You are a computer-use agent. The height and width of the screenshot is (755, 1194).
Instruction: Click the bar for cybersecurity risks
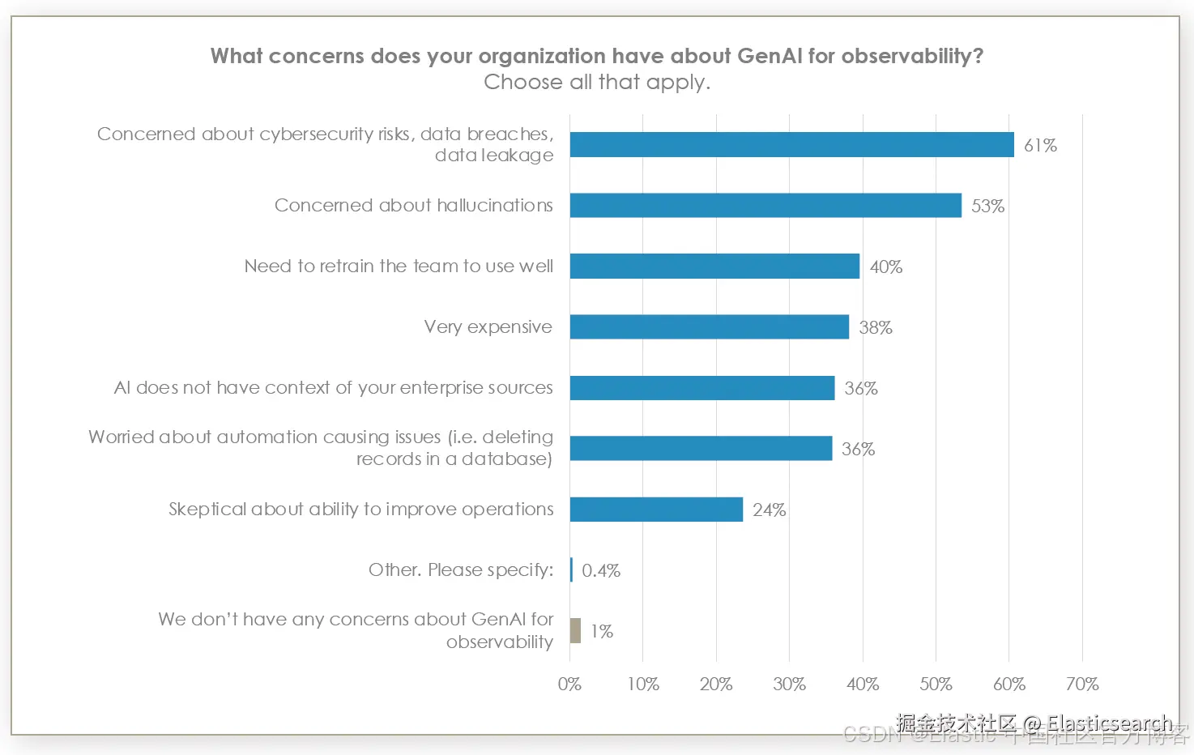[x=791, y=145]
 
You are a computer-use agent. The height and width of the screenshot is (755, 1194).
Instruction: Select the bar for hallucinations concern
[x=765, y=206]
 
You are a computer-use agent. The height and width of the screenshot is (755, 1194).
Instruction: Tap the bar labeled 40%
[x=714, y=267]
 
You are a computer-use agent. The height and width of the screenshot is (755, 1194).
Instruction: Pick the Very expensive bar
[x=709, y=327]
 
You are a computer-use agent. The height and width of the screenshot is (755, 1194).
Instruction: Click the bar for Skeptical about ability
[x=656, y=510]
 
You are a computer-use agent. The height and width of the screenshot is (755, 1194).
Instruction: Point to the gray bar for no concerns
[x=575, y=631]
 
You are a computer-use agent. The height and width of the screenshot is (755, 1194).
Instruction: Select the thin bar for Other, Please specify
[x=571, y=570]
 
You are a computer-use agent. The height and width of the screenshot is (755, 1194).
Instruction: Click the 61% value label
[x=1040, y=146]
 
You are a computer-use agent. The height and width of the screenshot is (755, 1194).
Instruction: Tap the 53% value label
[x=987, y=207]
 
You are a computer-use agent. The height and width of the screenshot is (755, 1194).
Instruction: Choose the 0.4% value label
[x=601, y=571]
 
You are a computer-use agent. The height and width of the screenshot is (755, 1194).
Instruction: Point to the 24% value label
[x=769, y=510]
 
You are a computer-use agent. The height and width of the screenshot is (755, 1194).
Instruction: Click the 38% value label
[x=876, y=328]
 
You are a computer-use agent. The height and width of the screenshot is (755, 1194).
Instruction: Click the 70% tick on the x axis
[x=1082, y=685]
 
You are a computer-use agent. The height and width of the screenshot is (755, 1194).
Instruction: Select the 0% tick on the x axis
[x=569, y=685]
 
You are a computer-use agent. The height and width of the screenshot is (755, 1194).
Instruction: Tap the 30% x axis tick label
[x=789, y=685]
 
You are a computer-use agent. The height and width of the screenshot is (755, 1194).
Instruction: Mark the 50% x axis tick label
[x=936, y=685]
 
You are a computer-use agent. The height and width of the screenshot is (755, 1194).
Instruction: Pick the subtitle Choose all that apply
[x=597, y=83]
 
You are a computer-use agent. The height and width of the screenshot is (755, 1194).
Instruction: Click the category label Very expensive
[x=488, y=327]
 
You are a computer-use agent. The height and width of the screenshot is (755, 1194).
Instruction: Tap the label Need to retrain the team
[x=399, y=267]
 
